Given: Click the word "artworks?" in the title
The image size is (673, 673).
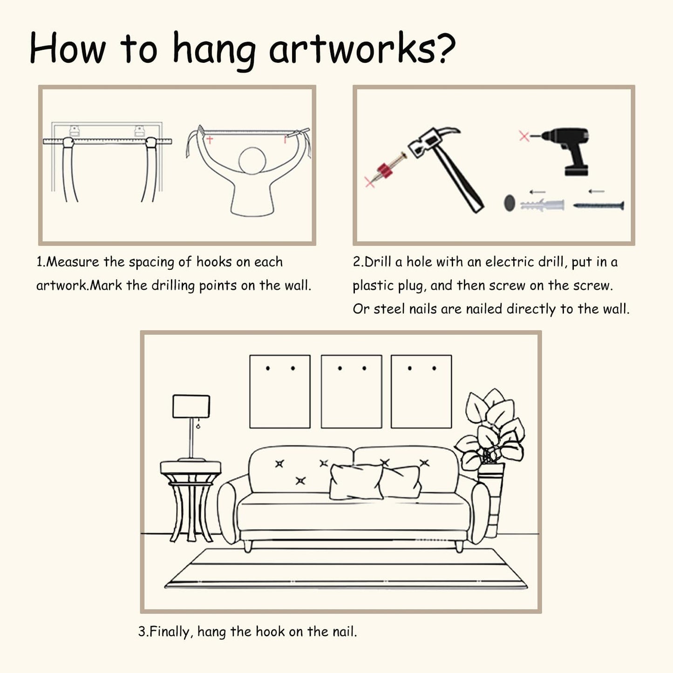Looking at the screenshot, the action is [x=362, y=49].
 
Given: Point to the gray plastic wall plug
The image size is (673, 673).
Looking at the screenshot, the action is [x=543, y=204].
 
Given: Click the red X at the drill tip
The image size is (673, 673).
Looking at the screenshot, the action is [x=524, y=136].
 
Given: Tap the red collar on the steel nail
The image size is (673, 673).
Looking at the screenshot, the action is [x=385, y=171].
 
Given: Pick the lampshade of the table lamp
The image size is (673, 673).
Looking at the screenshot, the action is [x=191, y=406].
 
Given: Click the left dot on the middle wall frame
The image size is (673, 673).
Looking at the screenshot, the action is [x=340, y=368].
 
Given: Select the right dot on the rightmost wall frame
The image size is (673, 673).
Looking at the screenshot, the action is [x=434, y=368].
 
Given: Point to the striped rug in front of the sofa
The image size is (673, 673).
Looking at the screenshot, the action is [x=346, y=569].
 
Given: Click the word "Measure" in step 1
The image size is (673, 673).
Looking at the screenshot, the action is [x=73, y=262].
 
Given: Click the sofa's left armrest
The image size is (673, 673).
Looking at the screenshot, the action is [x=229, y=510].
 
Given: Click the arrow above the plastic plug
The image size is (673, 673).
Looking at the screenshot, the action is [x=537, y=192].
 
